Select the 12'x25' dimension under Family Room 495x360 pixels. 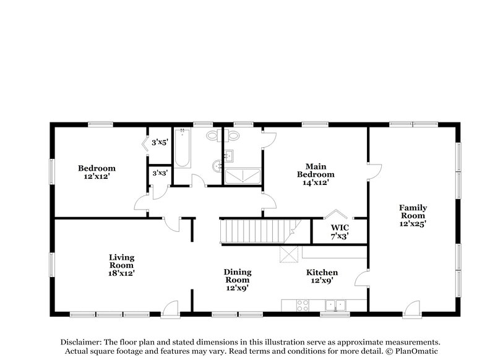[412, 224]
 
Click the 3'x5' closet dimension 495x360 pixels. [160, 142]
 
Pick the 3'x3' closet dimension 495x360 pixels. [160, 174]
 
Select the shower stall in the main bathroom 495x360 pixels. [243, 176]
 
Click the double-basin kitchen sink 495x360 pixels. [335, 304]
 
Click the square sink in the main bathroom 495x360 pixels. [228, 155]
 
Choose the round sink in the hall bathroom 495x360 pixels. [217, 166]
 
